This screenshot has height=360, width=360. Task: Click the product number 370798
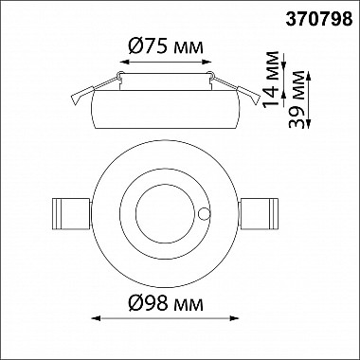click(319, 19)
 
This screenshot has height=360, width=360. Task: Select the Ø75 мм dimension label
click(166, 47)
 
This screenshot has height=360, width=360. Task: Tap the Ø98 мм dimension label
click(166, 304)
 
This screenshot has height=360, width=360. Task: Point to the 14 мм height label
click(271, 79)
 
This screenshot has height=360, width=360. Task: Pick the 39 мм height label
click(297, 99)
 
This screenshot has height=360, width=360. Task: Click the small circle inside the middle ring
click(204, 214)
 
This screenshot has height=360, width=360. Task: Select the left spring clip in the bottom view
click(71, 214)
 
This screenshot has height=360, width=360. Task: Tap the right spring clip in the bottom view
click(259, 214)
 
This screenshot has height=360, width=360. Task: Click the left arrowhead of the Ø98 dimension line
click(96, 318)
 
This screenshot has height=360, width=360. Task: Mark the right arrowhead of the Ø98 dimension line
click(234, 318)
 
